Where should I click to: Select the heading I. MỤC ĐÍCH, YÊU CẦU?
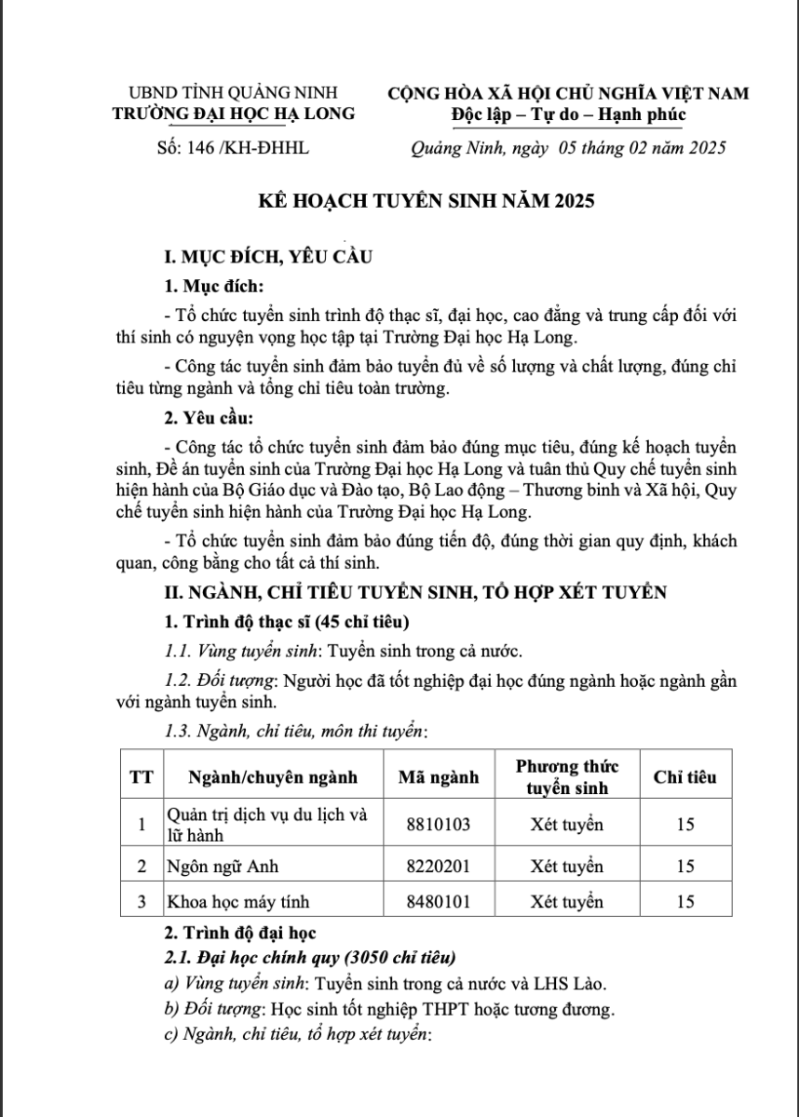268,258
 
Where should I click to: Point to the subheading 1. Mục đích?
214,284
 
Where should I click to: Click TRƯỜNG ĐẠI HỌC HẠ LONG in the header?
233,114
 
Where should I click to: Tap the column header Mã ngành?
438,776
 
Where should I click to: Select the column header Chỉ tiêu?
684,776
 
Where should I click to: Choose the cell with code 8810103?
438,824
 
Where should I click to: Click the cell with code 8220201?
438,867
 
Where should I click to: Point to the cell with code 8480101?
438,901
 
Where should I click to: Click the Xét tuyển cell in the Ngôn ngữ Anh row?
566,867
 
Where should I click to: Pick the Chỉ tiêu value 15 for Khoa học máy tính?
684,901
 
